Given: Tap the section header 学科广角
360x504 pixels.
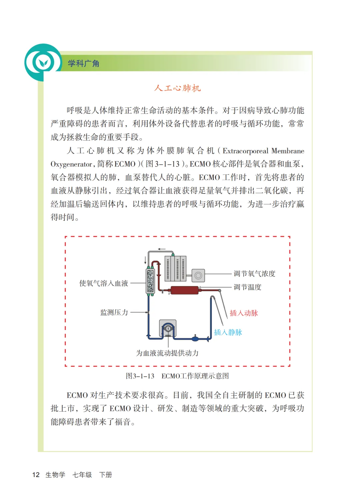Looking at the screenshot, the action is (x=83, y=63).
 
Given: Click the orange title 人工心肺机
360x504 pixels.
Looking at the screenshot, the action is (x=177, y=88).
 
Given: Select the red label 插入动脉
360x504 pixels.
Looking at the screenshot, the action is (x=244, y=313).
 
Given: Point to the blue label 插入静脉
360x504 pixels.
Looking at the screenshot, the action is (x=228, y=332).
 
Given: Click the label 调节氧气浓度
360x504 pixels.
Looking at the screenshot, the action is (x=254, y=274).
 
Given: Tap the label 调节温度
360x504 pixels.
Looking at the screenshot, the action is (x=247, y=287).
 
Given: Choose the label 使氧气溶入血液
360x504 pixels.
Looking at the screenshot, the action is (x=104, y=283).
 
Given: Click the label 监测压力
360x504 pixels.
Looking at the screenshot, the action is (x=114, y=312).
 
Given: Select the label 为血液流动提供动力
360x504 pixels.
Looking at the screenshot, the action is (x=167, y=353).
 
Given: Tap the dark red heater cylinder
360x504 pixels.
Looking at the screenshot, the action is (x=184, y=290).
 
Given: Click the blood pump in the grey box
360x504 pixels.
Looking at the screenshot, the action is (x=168, y=329).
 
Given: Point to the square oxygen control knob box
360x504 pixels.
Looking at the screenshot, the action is (x=198, y=276).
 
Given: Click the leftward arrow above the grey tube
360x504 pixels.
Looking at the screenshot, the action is (x=162, y=249).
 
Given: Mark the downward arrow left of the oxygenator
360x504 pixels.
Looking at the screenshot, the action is (x=145, y=260).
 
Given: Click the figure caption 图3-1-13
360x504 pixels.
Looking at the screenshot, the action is (x=140, y=376).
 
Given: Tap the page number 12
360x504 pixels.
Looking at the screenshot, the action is (x=36, y=475).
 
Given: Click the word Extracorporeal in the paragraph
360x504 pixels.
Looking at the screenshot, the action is (x=245, y=151).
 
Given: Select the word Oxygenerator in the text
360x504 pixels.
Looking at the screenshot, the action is (x=71, y=164).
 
